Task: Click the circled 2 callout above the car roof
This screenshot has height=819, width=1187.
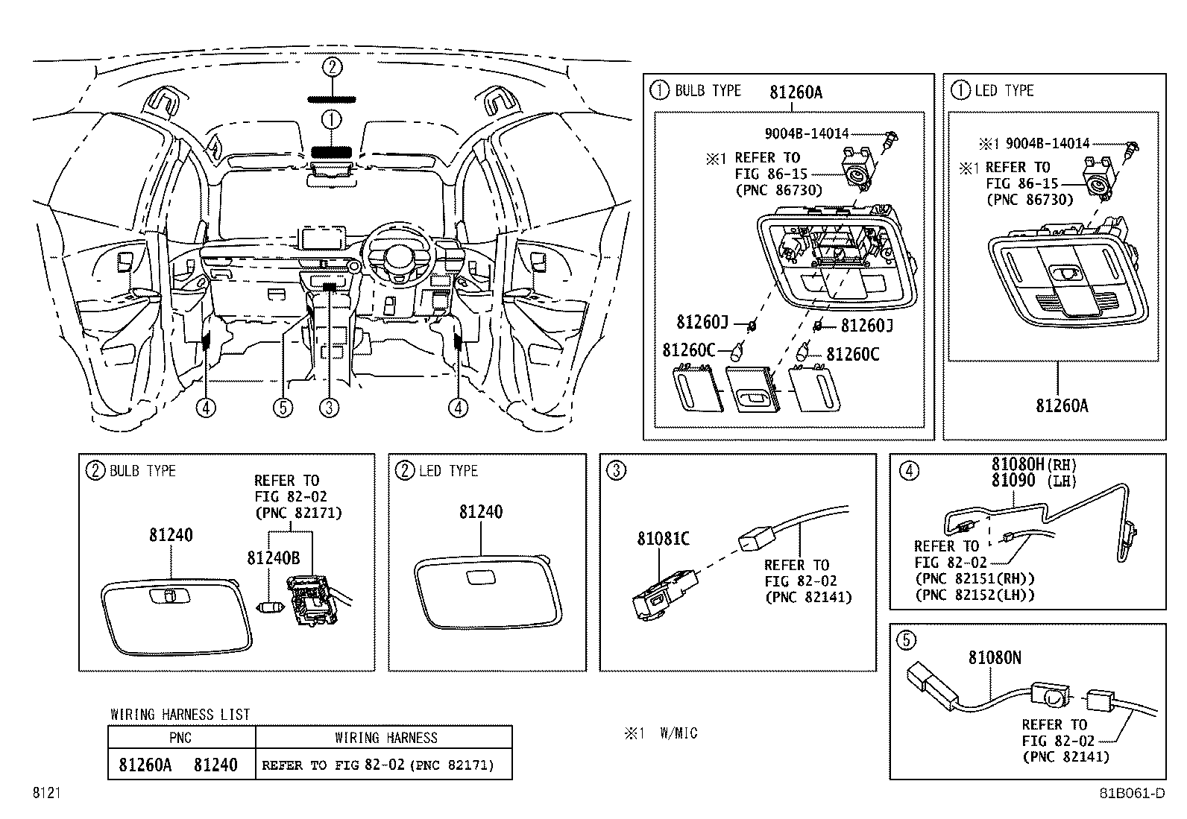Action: coord(333,67)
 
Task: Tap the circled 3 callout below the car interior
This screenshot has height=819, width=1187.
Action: coord(329,408)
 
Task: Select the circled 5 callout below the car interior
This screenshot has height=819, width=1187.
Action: coord(283,408)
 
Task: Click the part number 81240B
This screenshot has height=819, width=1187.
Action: coord(274,558)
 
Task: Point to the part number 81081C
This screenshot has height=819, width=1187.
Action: coord(664,539)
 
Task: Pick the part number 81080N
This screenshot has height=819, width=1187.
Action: coord(995,658)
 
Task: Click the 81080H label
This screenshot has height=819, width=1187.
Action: coord(1018,464)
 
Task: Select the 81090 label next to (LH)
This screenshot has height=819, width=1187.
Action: coord(1013,481)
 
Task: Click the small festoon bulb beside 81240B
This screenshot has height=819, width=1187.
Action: coord(270,607)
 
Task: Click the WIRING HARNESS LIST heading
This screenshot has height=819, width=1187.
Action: coord(180,715)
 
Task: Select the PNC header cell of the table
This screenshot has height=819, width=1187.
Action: coord(180,738)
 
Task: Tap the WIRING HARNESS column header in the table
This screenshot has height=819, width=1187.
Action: coord(385,738)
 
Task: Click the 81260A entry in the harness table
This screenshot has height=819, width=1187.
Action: coord(145,765)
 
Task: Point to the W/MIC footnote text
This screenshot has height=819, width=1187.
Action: coord(678,733)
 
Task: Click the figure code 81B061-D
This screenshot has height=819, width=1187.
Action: coord(1133,793)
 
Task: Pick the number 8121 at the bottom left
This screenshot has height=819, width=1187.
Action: coord(47,793)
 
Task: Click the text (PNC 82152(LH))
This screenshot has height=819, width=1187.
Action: coord(975,595)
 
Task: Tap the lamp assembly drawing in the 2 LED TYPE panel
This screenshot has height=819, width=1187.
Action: coord(488,592)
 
